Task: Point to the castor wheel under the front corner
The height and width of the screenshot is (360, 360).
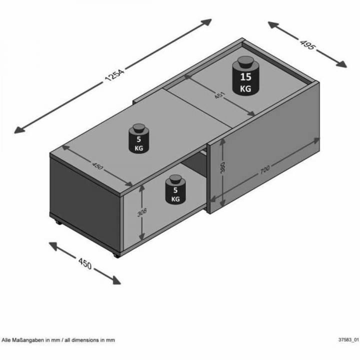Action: pyautogui.click(x=116, y=256)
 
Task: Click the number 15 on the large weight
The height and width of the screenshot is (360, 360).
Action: pyautogui.click(x=245, y=77)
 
